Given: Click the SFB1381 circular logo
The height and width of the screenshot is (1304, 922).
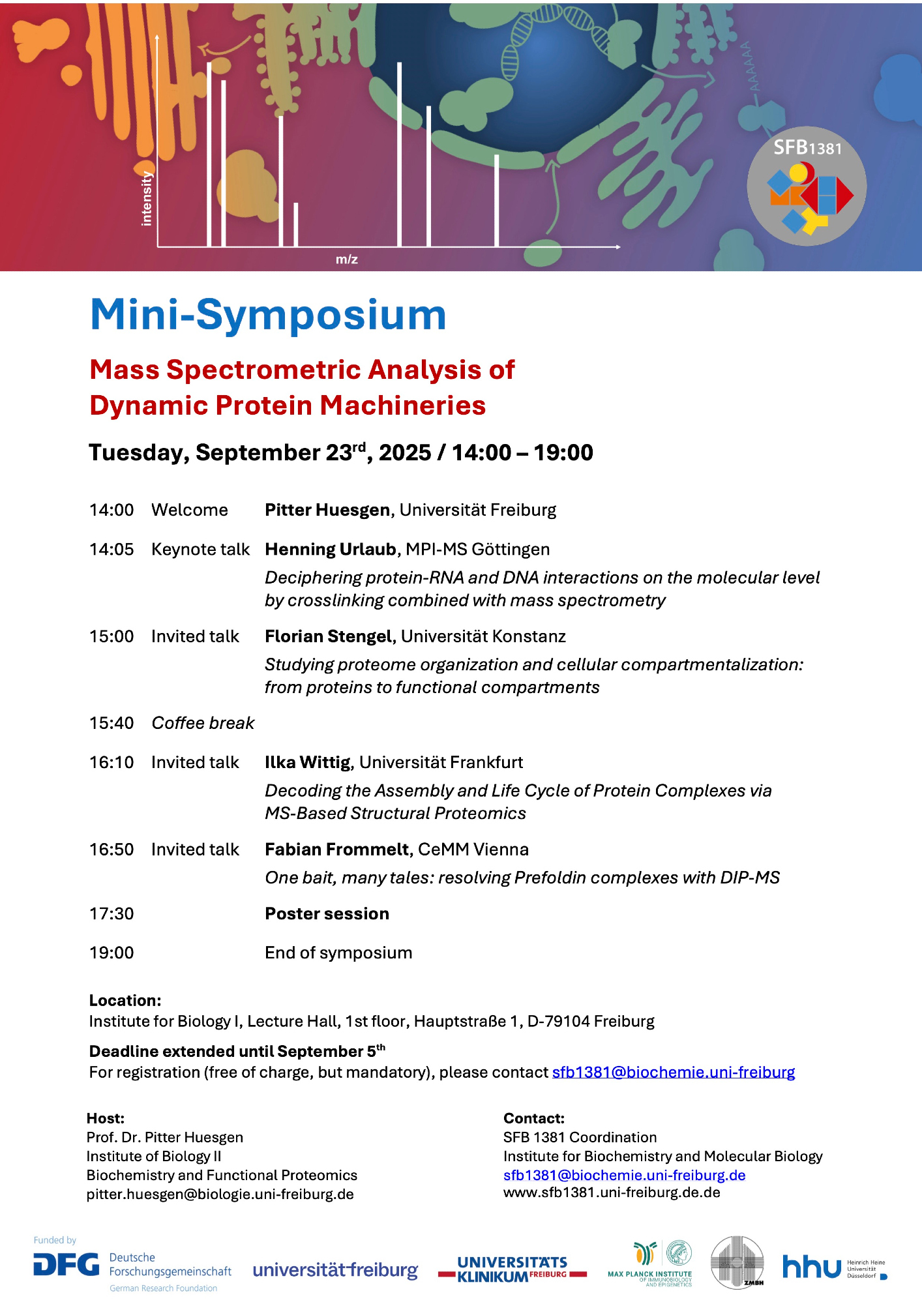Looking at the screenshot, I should (x=807, y=186).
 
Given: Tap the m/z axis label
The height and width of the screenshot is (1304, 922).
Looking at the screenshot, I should (x=346, y=259).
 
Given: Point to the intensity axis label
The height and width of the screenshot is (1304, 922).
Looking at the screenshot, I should (x=147, y=198).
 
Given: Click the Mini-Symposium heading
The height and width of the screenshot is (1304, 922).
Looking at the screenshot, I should (x=268, y=314).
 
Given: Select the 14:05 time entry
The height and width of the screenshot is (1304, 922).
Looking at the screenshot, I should (x=112, y=550).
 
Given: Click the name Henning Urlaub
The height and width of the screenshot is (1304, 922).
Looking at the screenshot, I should (x=331, y=550).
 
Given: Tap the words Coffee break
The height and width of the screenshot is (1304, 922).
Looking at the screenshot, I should (x=203, y=723).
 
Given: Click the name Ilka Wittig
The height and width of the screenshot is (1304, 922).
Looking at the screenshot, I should (x=308, y=762).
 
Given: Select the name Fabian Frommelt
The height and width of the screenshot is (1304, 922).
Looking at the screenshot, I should (x=337, y=850).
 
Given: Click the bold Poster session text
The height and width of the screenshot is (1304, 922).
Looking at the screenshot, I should (x=327, y=914).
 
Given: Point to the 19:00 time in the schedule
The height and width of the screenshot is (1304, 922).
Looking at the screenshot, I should (x=112, y=953).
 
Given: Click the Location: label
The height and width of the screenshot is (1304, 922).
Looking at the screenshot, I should (x=125, y=1001).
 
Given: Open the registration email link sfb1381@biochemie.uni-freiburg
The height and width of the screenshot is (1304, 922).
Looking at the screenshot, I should (x=673, y=1073).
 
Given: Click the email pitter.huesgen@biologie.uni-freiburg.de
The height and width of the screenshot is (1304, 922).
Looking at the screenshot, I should (x=220, y=1194).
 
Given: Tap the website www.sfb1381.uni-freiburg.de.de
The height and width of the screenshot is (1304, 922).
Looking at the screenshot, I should (x=611, y=1193).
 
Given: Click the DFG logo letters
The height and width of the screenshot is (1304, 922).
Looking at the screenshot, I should (x=67, y=1265).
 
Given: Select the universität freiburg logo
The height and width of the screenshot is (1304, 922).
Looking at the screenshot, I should (x=335, y=1270).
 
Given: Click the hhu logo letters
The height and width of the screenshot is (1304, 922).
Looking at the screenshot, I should (x=811, y=1267).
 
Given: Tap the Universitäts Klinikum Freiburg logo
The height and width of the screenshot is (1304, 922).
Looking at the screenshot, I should (x=513, y=1269).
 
